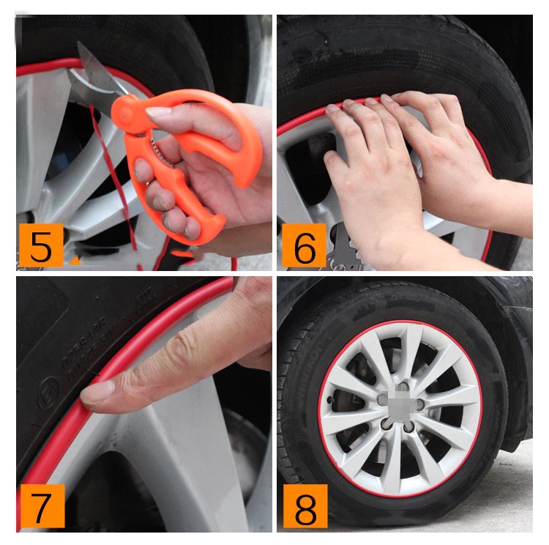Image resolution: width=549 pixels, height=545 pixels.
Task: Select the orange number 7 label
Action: pos(41,505)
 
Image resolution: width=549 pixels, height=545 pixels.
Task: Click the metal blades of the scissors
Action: pos(95,73)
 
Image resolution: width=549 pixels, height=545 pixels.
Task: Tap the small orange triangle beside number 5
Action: pos(75,259)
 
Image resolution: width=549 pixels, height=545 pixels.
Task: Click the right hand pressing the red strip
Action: pos(439,147)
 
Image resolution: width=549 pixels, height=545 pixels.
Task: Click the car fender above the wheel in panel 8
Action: pos(505,308)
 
